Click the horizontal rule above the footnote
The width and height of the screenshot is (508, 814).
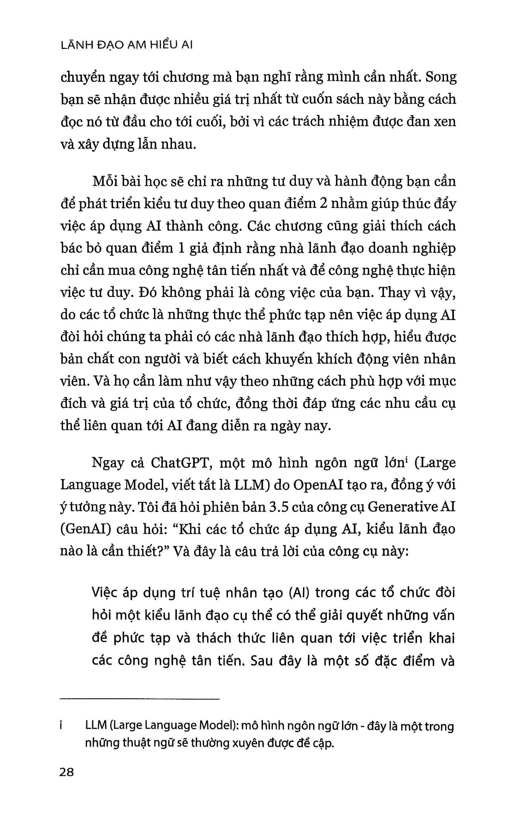139,699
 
